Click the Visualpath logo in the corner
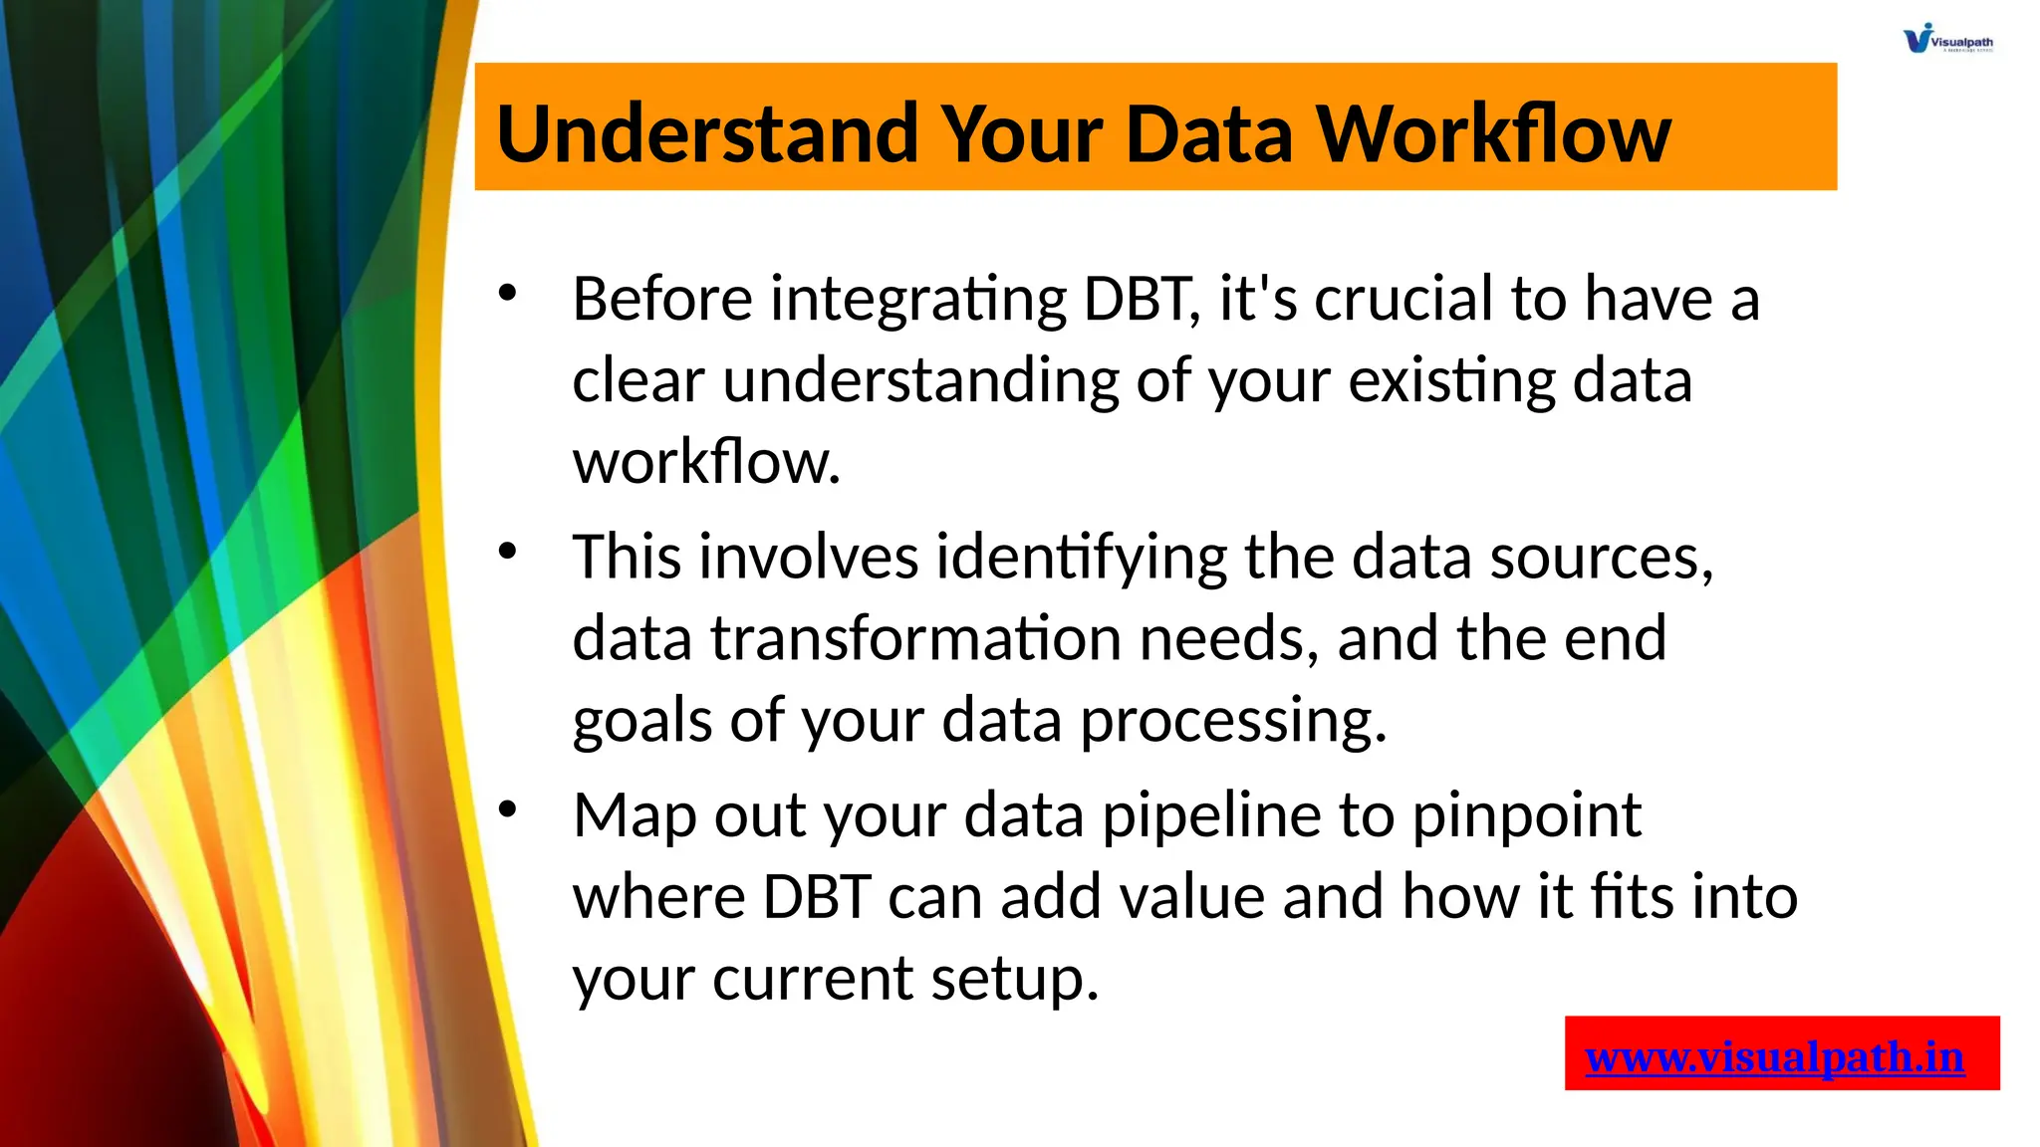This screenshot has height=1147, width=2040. click(x=1946, y=39)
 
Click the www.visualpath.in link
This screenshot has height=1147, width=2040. click(x=1774, y=1056)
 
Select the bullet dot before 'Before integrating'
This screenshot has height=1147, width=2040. click(x=508, y=293)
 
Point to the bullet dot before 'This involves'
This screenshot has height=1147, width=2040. click(x=508, y=551)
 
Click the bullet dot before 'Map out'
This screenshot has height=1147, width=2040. click(x=508, y=808)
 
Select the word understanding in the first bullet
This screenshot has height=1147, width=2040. click(x=920, y=382)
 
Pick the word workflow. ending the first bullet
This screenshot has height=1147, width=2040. click(x=706, y=462)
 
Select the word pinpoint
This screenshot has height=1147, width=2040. click(x=1526, y=816)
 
